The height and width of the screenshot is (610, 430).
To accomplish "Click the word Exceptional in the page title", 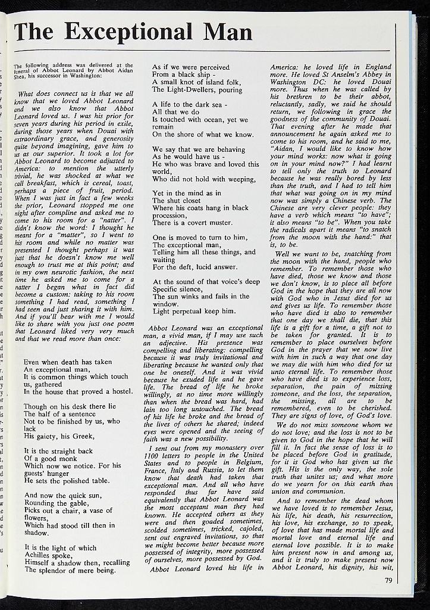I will [x=130, y=31].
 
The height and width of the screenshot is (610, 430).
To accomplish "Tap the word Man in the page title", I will [x=227, y=31].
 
